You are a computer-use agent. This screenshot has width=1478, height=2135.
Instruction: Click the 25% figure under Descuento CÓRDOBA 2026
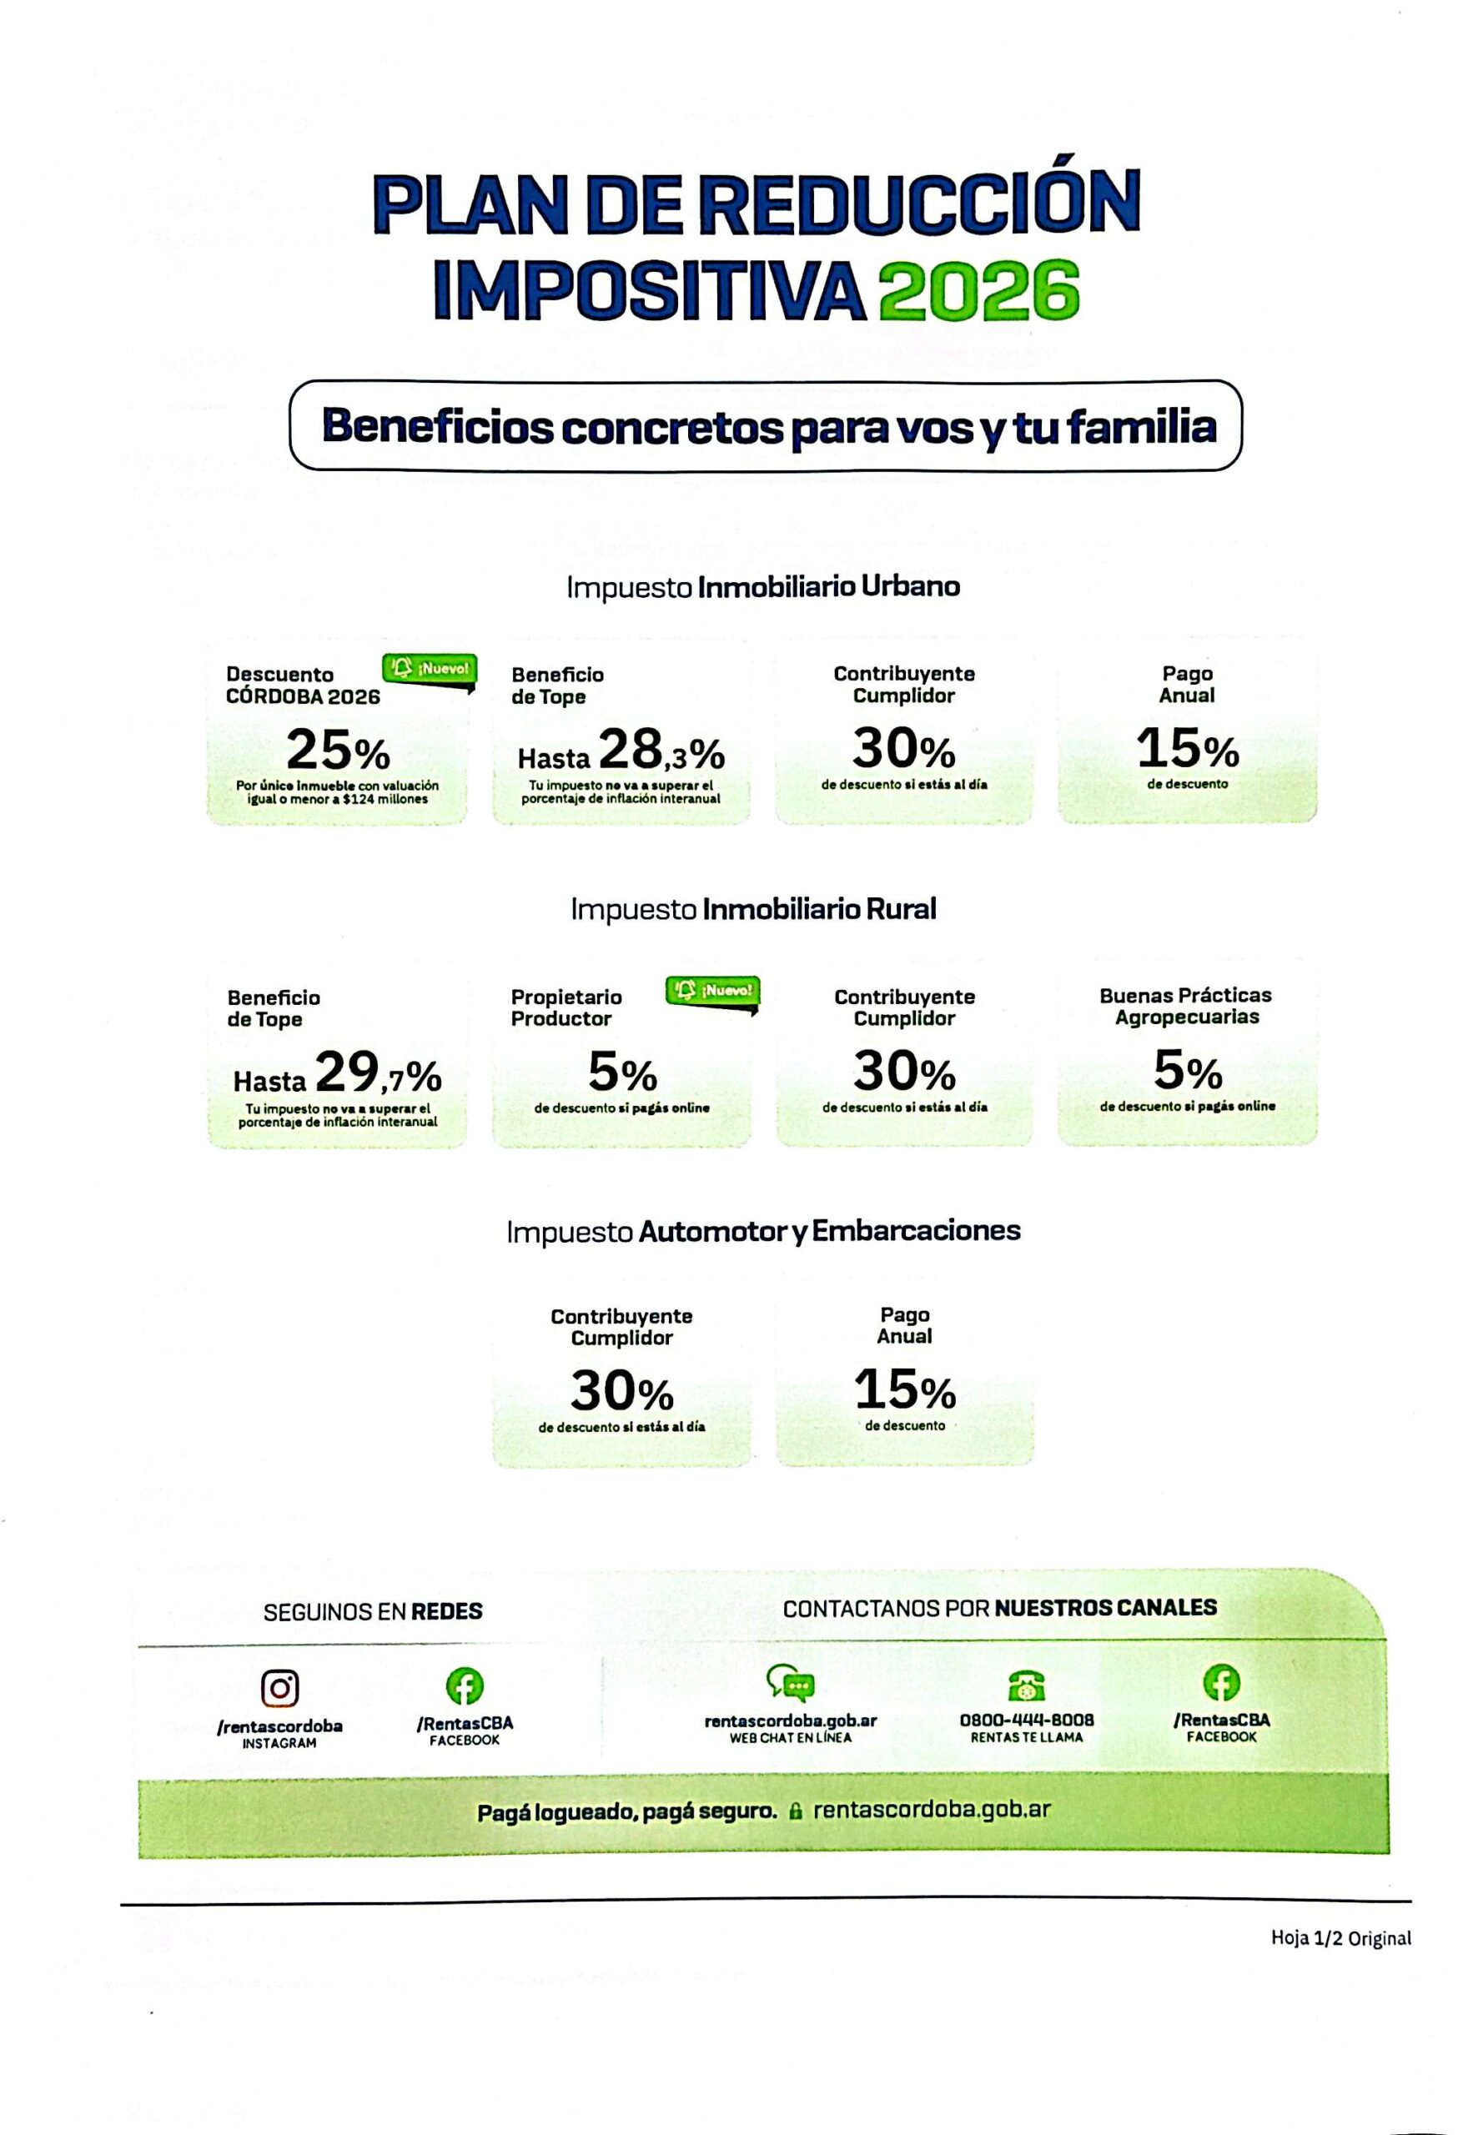[x=338, y=750]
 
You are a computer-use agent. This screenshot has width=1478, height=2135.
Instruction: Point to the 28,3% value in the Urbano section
[x=661, y=749]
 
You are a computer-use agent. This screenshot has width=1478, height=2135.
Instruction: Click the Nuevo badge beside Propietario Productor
[x=712, y=992]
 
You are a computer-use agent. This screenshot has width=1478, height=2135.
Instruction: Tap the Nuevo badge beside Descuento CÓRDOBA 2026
[x=430, y=670]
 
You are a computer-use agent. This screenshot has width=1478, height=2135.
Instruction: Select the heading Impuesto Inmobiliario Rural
[x=754, y=909]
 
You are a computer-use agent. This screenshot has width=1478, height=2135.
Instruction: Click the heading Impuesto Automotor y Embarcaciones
[x=763, y=1231]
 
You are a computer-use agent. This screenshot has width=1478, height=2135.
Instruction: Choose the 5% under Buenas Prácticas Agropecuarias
[x=1187, y=1073]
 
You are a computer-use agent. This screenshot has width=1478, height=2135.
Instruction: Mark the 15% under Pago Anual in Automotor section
[x=905, y=1389]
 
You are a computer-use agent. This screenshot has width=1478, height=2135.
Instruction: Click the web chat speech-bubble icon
[x=790, y=1684]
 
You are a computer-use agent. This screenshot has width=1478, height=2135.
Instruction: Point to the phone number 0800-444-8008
[x=1026, y=1720]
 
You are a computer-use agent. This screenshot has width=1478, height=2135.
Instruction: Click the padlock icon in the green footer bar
[x=795, y=1812]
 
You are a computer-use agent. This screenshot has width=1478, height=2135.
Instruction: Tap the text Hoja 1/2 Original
[x=1341, y=1938]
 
